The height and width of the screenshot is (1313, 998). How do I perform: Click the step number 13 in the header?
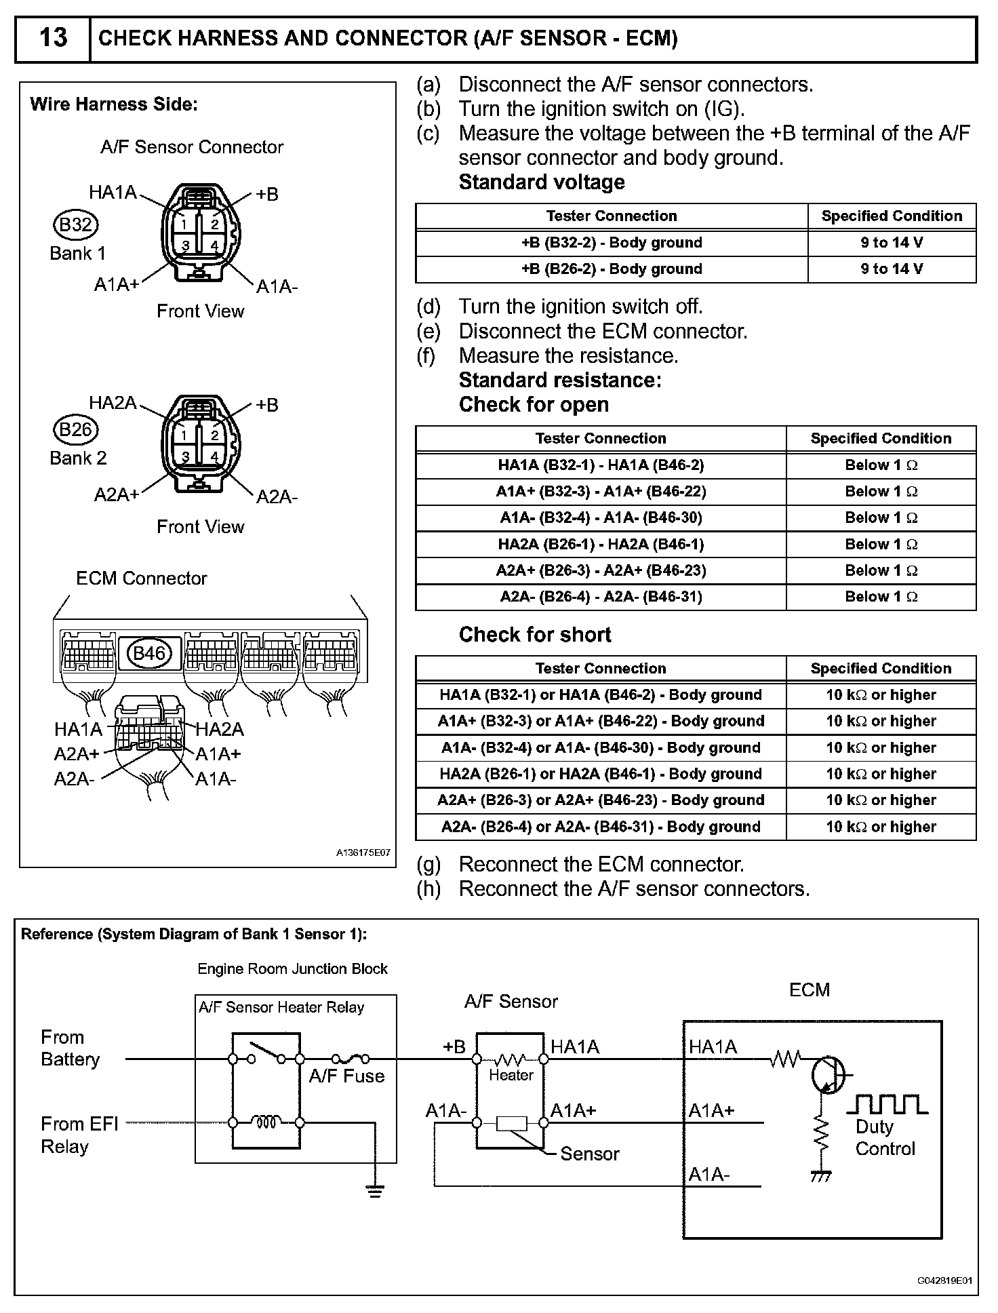click(x=53, y=38)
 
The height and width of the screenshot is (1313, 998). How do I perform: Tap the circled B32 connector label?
click(x=75, y=224)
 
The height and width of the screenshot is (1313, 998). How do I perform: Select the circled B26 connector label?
click(x=75, y=429)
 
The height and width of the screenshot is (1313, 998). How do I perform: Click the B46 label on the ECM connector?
click(x=150, y=653)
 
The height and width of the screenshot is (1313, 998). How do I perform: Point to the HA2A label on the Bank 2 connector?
click(x=113, y=403)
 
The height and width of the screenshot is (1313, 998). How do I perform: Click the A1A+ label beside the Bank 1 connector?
click(x=116, y=285)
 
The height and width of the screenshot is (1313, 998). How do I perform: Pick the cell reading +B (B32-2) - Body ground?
click(x=611, y=243)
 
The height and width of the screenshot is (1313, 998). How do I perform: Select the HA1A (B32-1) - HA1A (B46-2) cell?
click(x=601, y=465)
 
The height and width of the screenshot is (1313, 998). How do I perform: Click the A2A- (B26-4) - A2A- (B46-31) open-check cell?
click(x=601, y=597)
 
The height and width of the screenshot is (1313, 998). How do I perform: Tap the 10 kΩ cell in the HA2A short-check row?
click(x=881, y=774)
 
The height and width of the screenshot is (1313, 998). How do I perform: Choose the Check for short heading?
click(x=535, y=635)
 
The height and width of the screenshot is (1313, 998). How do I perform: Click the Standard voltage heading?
click(x=542, y=182)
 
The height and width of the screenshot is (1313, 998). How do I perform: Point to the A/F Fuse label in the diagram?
click(x=346, y=1076)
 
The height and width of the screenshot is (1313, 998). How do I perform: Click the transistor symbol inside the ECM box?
click(x=827, y=1074)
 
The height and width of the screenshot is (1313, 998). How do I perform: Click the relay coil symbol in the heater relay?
click(x=266, y=1123)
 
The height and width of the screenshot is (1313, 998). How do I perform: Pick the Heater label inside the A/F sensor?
click(x=511, y=1075)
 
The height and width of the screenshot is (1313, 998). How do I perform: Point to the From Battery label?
click(x=70, y=1049)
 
